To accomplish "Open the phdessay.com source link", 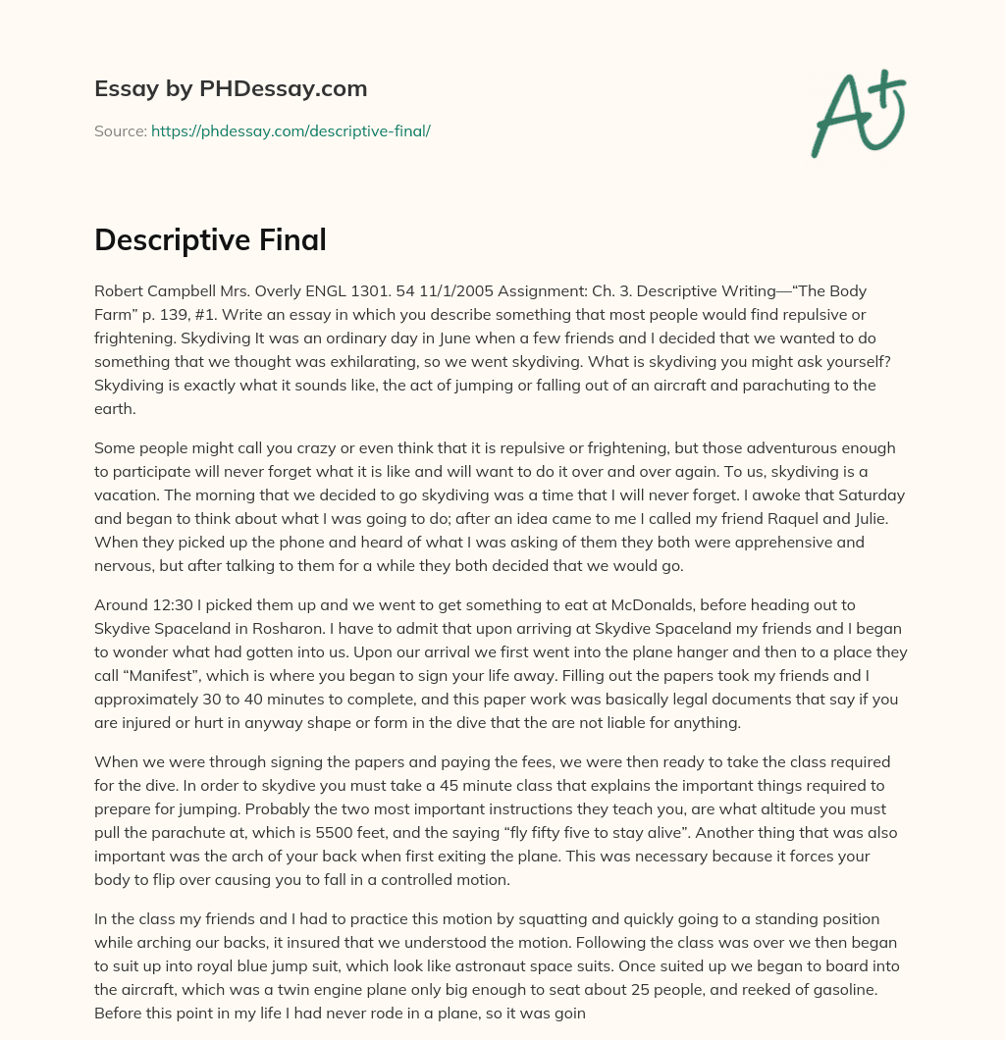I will point(291,130).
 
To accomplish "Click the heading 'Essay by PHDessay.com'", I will point(231,88).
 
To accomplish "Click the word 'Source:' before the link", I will point(120,130).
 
